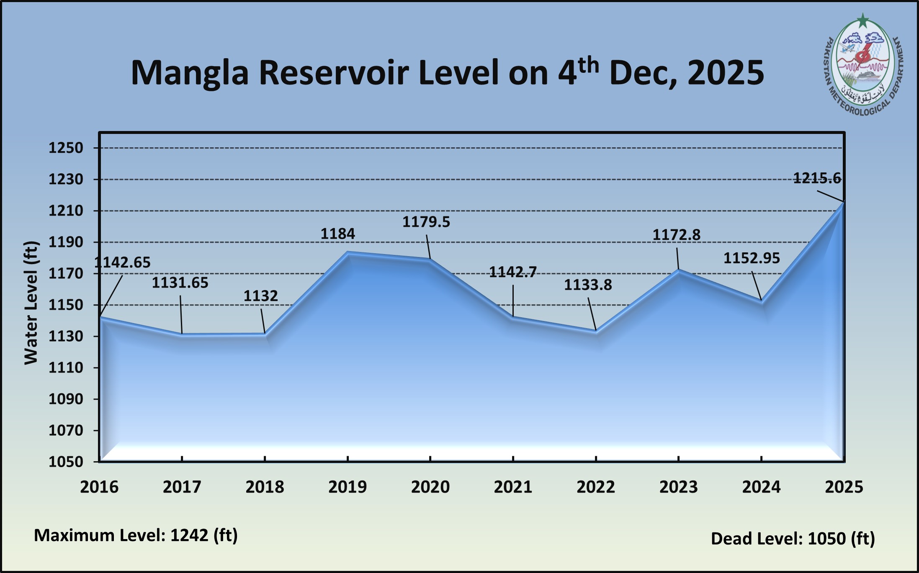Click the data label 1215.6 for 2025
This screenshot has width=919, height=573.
pyautogui.click(x=817, y=179)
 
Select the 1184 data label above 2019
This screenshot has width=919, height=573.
pyautogui.click(x=337, y=234)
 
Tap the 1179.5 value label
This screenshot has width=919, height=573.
pyautogui.click(x=426, y=222)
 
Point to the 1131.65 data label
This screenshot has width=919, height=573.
pyautogui.click(x=180, y=283)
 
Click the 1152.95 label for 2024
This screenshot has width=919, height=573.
pyautogui.click(x=752, y=258)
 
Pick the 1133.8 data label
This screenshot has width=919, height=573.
pyautogui.click(x=587, y=285)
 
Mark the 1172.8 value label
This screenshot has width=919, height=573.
pyautogui.click(x=676, y=235)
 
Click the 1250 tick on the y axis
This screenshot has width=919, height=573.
pyautogui.click(x=66, y=148)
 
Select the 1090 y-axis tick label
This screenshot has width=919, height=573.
pyautogui.click(x=66, y=399)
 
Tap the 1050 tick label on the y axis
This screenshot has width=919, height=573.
pyautogui.click(x=66, y=462)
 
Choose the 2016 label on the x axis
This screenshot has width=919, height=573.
pyautogui.click(x=99, y=487)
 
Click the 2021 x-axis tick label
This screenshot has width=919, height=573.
pyautogui.click(x=513, y=487)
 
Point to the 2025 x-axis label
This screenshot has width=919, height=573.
pyautogui.click(x=844, y=487)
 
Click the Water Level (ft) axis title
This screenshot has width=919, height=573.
pyautogui.click(x=31, y=303)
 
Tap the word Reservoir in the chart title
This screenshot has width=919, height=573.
pyautogui.click(x=334, y=72)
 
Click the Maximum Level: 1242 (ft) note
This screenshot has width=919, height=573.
pyautogui.click(x=136, y=535)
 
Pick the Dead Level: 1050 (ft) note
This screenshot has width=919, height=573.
pyautogui.click(x=793, y=539)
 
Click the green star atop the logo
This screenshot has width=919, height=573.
pyautogui.click(x=862, y=20)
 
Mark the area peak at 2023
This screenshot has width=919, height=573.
pyautogui.click(x=678, y=270)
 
